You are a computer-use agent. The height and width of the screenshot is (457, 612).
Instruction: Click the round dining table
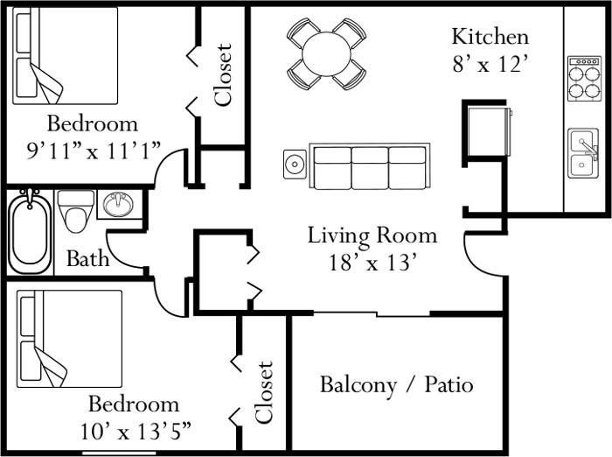pos(327,53)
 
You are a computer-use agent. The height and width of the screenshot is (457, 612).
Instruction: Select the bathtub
pos(32,232)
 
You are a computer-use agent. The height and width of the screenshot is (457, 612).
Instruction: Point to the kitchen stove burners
pos(583,79)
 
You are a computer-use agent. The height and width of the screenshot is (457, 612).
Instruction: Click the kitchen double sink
pos(583,153)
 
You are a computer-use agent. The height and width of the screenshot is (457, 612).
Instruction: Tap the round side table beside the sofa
pos(296,164)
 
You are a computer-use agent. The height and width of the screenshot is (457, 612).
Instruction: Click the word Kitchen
pos(490,37)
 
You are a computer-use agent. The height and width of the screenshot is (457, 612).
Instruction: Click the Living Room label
pos(372,235)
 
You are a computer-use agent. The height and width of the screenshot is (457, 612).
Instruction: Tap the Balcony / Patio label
pos(396,384)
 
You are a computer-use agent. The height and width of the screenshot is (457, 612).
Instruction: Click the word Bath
pos(88,258)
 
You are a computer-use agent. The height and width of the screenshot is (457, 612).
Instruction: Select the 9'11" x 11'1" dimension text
pos(93,150)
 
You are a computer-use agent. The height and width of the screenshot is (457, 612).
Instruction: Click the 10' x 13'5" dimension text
pos(133,431)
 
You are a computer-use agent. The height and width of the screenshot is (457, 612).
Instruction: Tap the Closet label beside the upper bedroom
pos(223,74)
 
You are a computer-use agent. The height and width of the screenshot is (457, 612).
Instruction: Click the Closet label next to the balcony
pos(265,391)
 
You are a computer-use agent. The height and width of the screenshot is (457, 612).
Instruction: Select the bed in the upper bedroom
pos(66,57)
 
